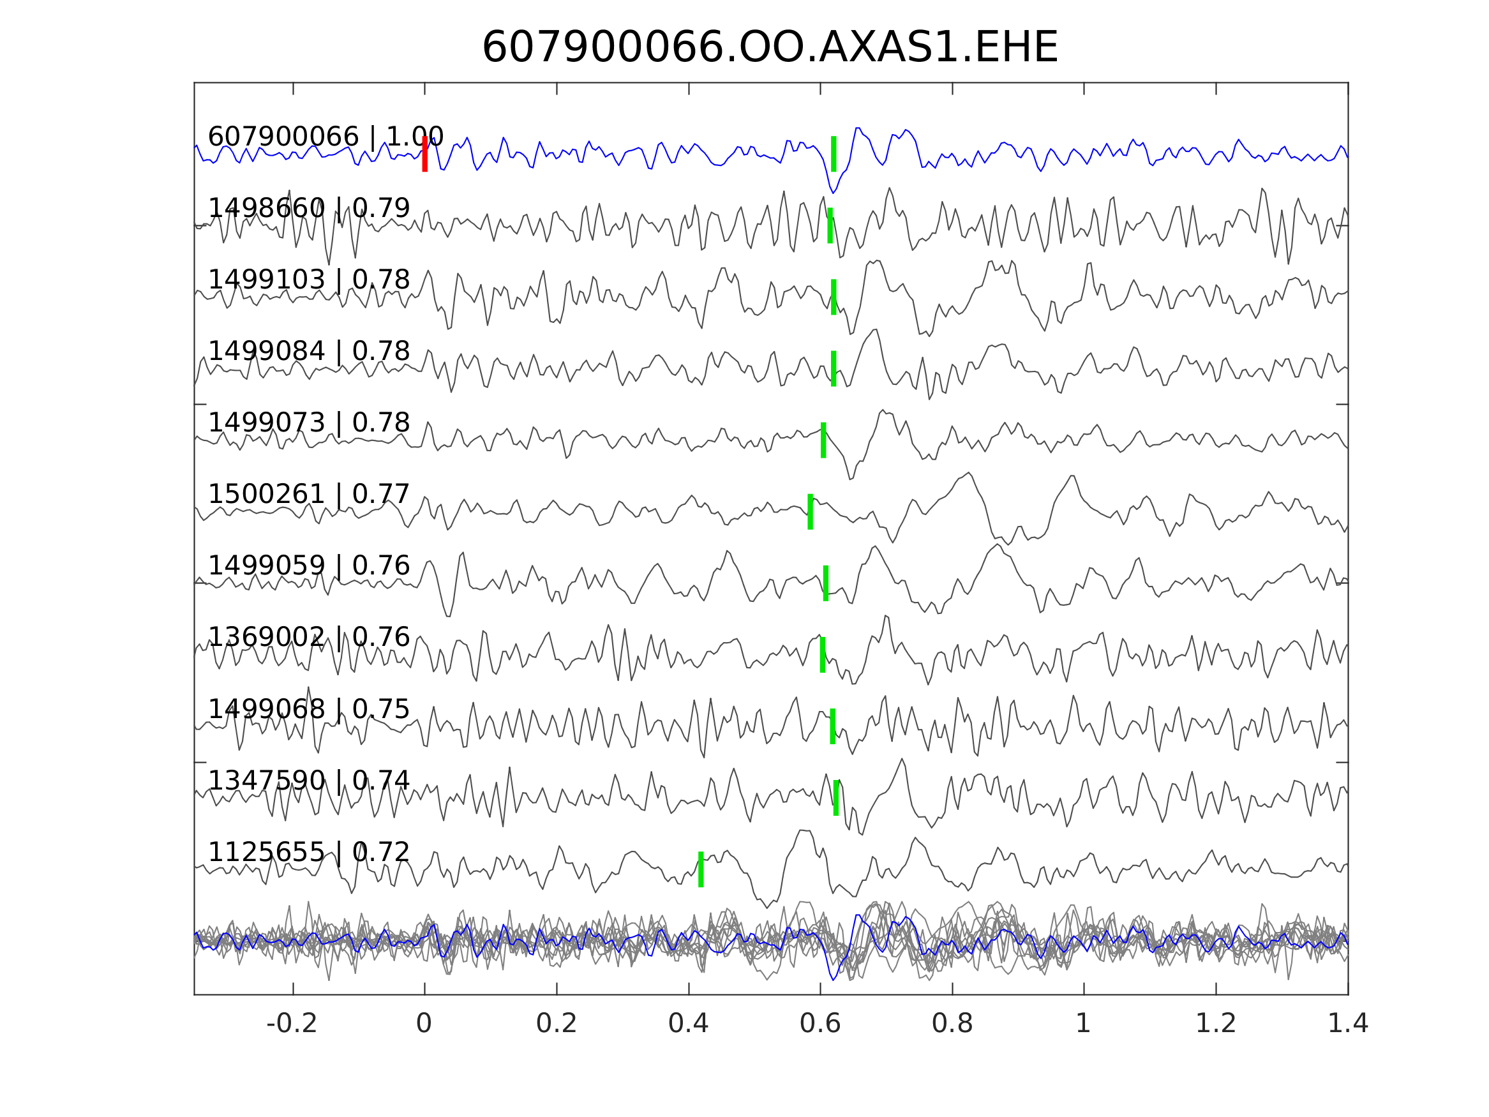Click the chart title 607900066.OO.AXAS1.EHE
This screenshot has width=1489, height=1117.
coord(770,49)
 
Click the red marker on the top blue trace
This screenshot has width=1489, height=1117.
coord(425,154)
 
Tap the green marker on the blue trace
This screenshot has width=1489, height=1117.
coord(834,154)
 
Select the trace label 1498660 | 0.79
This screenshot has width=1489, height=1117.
coord(308,208)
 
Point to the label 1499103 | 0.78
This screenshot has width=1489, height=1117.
coord(308,280)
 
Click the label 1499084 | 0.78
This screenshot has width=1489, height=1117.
coord(308,352)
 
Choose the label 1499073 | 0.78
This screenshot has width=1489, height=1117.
coord(308,423)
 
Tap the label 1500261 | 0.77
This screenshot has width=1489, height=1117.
coord(308,494)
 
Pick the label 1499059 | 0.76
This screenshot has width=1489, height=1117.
coord(308,566)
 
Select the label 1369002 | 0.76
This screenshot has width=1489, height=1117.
coord(308,637)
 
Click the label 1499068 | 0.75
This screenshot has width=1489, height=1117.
coord(308,709)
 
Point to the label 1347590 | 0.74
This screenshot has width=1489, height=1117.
coord(308,781)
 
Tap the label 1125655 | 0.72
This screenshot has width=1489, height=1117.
coord(308,851)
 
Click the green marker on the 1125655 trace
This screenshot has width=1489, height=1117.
coord(701,869)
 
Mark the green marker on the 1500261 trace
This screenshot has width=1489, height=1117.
coord(810,512)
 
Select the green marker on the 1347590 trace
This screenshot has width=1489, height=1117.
coord(836,798)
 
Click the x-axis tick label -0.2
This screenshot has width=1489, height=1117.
coord(292,1024)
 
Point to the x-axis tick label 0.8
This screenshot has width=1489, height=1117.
coord(952,1024)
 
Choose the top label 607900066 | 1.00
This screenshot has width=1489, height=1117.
coord(325,137)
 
